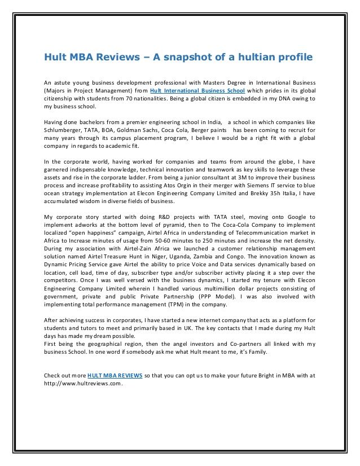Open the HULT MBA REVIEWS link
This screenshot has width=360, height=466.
(x=115, y=375)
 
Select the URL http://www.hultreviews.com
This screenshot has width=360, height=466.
(x=82, y=384)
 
